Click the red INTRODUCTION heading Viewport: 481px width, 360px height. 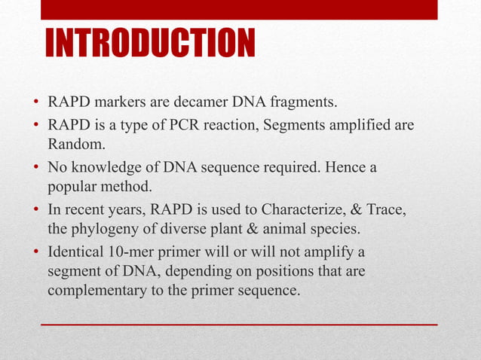(x=150, y=44)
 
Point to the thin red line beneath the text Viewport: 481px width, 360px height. (x=238, y=324)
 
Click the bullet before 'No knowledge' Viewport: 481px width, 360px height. (x=35, y=166)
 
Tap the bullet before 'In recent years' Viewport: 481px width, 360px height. (x=35, y=209)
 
